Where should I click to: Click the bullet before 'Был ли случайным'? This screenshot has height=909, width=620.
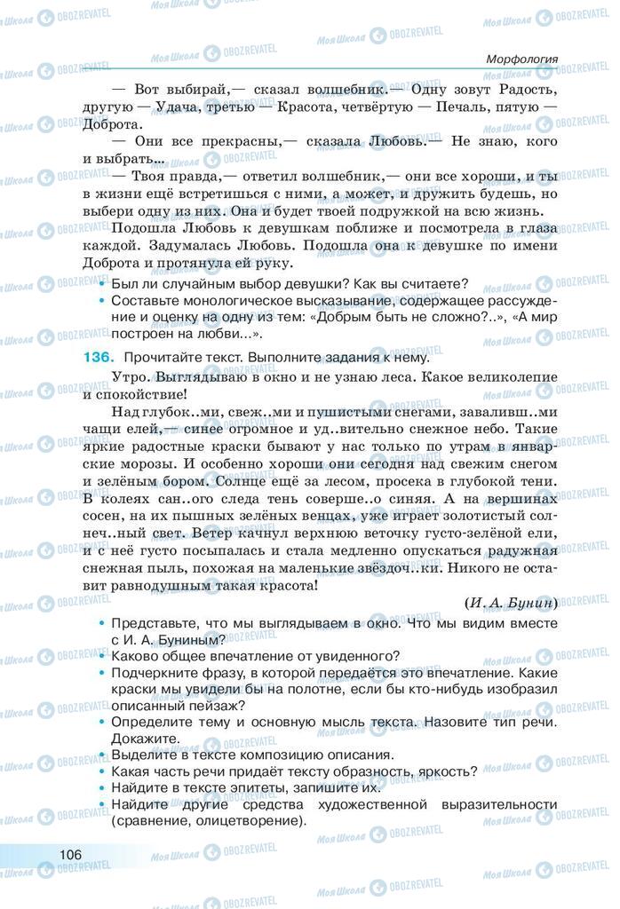[104, 284]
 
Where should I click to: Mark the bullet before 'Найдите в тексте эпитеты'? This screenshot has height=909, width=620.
[104, 787]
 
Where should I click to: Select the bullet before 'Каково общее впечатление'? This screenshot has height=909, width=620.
[104, 656]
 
